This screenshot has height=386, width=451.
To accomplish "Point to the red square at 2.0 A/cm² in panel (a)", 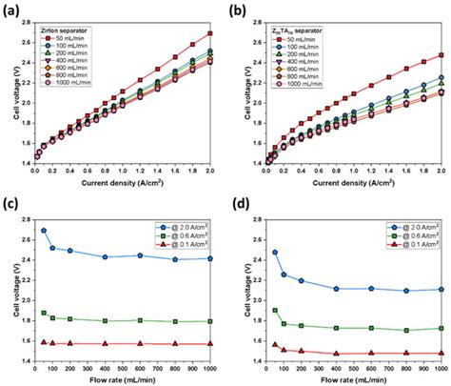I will (x=209, y=33).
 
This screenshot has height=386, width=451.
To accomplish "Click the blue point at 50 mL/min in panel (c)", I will (x=43, y=230).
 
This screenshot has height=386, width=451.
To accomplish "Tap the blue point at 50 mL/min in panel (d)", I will (x=274, y=253).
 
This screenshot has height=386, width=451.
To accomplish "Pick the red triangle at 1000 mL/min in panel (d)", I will (x=441, y=353).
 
